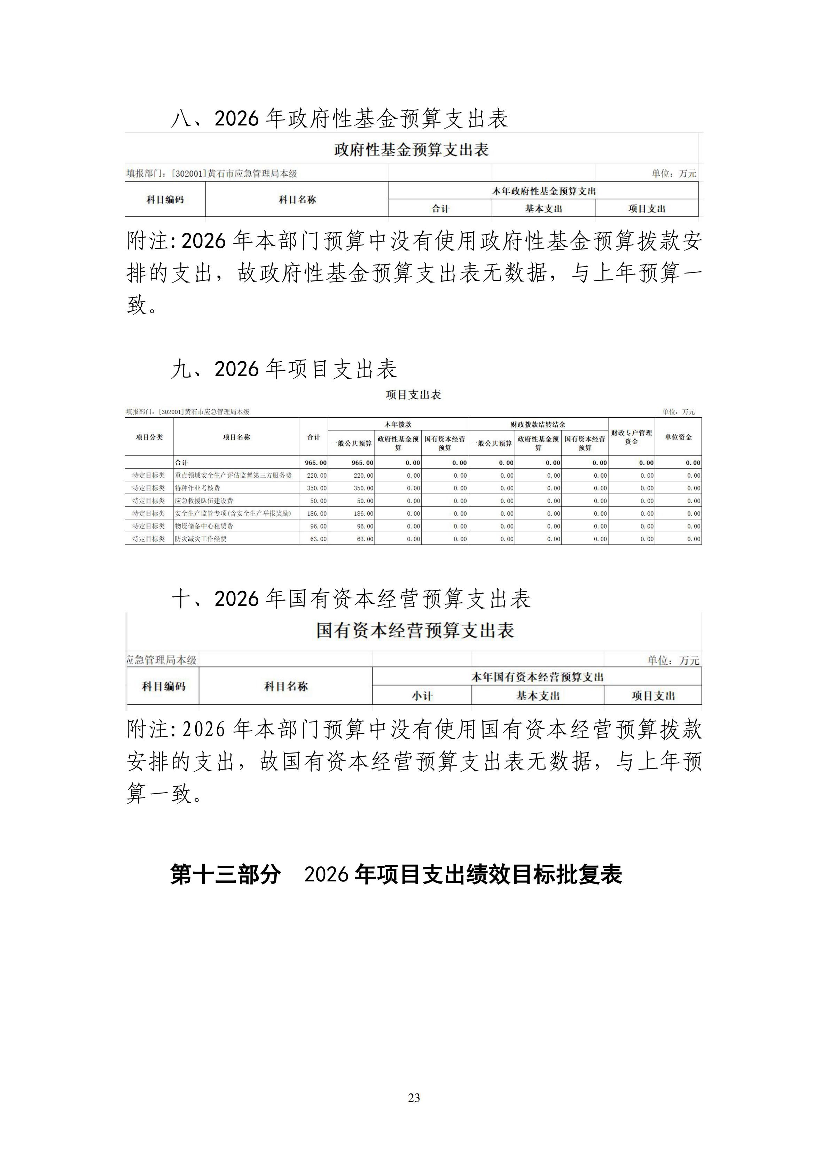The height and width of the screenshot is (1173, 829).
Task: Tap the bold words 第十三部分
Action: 226,875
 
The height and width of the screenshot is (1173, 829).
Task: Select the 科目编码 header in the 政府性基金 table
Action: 165,200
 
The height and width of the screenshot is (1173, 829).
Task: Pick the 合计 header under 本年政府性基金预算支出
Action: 440,208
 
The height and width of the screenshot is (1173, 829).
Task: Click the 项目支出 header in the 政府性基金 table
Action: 647,208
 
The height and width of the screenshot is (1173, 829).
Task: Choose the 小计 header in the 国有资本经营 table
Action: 422,696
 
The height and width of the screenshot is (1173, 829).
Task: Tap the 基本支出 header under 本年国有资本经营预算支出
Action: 538,696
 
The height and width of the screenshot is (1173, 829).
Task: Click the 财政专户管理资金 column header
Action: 632,437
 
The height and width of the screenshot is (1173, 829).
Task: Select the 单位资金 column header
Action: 678,437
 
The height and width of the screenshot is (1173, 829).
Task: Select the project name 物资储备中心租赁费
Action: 204,526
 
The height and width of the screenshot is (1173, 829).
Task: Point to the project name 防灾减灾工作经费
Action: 201,539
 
